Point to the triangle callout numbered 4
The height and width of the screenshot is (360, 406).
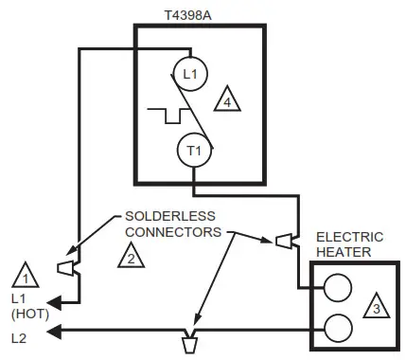coord(228,99)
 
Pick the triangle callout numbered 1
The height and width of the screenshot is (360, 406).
coord(23,277)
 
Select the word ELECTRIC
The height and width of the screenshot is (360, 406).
coord(350,238)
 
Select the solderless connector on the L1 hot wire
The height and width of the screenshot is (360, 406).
coord(65,268)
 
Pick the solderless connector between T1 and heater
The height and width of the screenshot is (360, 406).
coord(282,243)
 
